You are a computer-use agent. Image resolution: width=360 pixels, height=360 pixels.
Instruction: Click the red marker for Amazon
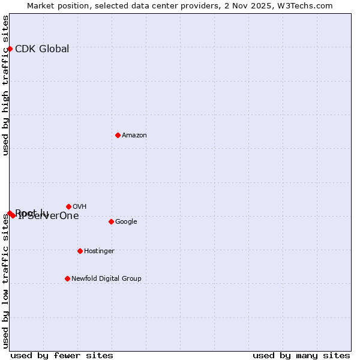tap(118, 135)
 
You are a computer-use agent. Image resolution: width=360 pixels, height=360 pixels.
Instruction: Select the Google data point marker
tap(111, 221)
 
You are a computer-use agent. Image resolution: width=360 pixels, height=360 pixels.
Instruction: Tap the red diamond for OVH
tap(68, 206)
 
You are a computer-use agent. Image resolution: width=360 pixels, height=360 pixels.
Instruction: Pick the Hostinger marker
tap(80, 251)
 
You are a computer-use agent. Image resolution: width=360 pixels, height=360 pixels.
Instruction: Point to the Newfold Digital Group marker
tap(67, 278)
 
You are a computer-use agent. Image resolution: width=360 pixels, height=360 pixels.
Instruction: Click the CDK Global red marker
tap(10, 49)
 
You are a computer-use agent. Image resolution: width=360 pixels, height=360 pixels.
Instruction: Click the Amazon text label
tap(134, 136)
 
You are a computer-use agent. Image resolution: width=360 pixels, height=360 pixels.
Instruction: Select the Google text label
tap(126, 222)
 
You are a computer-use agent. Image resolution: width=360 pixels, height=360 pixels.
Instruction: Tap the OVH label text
tap(80, 207)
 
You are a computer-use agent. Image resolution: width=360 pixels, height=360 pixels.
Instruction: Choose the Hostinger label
tap(99, 251)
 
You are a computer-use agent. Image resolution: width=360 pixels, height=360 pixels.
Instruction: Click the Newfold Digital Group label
tap(106, 279)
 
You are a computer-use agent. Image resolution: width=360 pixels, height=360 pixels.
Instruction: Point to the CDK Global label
tap(42, 49)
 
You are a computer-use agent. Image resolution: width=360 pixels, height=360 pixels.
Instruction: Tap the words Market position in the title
tap(55, 6)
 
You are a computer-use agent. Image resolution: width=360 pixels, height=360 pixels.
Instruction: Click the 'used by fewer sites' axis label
tap(62, 356)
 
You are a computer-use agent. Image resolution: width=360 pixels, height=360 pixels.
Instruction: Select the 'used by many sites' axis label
tap(301, 356)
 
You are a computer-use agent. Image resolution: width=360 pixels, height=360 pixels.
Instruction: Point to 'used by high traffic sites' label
tap(6, 85)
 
